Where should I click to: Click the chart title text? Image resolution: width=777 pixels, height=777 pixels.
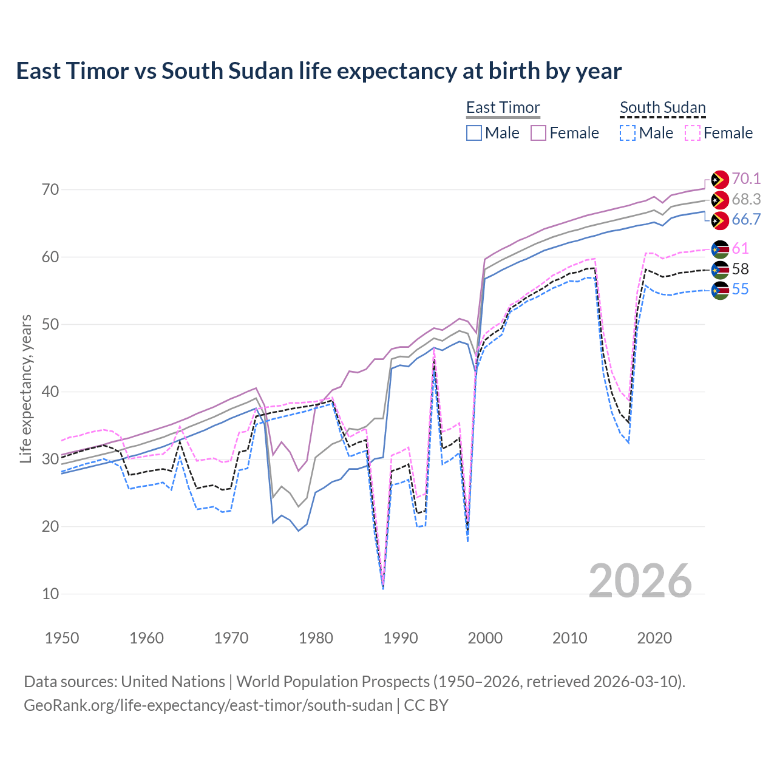pyautogui.click(x=319, y=71)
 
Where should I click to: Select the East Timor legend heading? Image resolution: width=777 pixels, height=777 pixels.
pyautogui.click(x=503, y=107)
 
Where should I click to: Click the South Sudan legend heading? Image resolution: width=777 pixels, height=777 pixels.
pyautogui.click(x=662, y=107)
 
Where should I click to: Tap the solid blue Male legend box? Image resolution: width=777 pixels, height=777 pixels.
pyautogui.click(x=474, y=133)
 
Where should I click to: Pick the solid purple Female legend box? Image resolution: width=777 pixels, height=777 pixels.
pyautogui.click(x=538, y=133)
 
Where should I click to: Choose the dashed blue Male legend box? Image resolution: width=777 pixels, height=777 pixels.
pyautogui.click(x=628, y=133)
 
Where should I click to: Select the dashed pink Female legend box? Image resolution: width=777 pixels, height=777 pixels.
pyautogui.click(x=693, y=133)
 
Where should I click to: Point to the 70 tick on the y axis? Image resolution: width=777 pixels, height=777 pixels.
pyautogui.click(x=50, y=189)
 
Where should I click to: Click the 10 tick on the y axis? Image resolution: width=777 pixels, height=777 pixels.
pyautogui.click(x=50, y=594)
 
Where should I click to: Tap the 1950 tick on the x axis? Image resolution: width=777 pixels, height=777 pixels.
pyautogui.click(x=62, y=638)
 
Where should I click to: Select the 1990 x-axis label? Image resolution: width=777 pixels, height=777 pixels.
pyautogui.click(x=401, y=638)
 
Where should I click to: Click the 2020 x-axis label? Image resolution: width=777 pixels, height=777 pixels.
pyautogui.click(x=654, y=638)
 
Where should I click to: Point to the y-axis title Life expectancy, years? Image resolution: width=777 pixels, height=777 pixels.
pyautogui.click(x=26, y=388)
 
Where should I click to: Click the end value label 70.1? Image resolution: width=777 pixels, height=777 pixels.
pyautogui.click(x=746, y=178)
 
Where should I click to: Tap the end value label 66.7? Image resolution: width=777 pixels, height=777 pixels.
pyautogui.click(x=746, y=220)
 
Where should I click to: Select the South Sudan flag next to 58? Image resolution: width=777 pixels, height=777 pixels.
pyautogui.click(x=720, y=270)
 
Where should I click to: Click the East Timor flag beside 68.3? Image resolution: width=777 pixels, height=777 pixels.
pyautogui.click(x=720, y=200)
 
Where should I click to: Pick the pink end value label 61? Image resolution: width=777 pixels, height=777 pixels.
pyautogui.click(x=740, y=248)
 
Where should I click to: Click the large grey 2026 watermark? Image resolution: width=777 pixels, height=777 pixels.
pyautogui.click(x=640, y=581)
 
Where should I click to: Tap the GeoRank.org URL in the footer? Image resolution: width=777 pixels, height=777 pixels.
pyautogui.click(x=208, y=705)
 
